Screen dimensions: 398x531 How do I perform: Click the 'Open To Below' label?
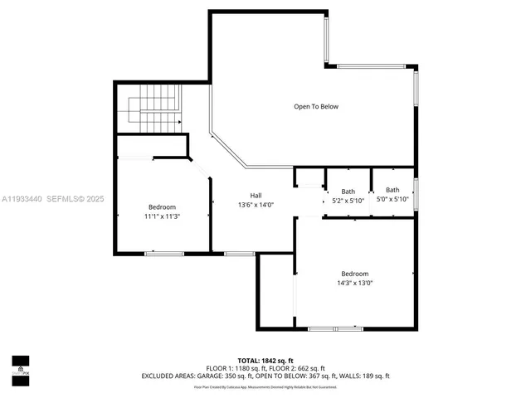tap(316, 106)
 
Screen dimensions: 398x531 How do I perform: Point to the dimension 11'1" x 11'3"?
tap(163, 216)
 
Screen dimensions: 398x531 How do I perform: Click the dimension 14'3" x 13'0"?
tap(354, 283)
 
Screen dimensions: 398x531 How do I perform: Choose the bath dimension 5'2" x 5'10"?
tap(348, 200)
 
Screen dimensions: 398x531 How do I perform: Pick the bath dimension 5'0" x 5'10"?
tap(392, 200)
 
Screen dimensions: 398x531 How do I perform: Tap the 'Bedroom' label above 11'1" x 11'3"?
tap(163, 207)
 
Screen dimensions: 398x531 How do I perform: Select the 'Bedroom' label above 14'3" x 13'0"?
tap(354, 274)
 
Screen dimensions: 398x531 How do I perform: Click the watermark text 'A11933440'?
tap(21, 199)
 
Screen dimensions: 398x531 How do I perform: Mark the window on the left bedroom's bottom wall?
tap(158, 253)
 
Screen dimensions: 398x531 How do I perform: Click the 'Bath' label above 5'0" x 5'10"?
tap(392, 191)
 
